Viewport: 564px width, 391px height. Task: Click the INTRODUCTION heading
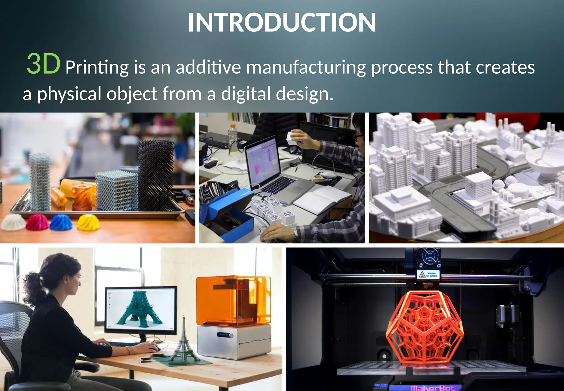[x=282, y=22]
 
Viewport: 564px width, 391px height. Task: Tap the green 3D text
[x=44, y=64]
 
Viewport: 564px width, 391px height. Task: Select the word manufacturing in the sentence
[x=306, y=68]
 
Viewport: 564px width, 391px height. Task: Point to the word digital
[x=246, y=94]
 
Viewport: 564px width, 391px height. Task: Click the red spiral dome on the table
[x=37, y=222]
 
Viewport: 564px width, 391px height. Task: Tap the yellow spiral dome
[x=88, y=222]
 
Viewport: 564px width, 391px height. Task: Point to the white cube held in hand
[x=291, y=138]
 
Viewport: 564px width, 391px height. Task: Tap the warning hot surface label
[x=428, y=274]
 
